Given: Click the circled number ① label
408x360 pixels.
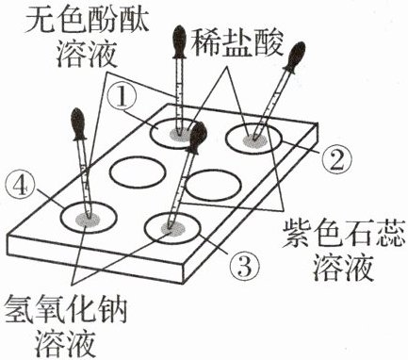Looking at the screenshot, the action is point(122,97).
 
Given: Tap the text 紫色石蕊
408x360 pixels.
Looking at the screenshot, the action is point(343,234).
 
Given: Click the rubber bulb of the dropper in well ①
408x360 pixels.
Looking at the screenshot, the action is point(180,41).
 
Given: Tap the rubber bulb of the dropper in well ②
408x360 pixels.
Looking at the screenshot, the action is point(295,57).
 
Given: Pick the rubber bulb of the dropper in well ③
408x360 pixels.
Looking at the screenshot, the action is point(197,138).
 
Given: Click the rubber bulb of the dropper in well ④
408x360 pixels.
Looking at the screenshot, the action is point(78,124).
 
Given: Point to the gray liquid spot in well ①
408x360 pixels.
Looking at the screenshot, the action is point(180,135).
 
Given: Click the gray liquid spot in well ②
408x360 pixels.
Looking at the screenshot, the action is point(255,139).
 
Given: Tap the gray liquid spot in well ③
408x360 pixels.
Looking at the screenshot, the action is point(172,229).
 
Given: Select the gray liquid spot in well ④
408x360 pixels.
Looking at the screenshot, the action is point(88,219).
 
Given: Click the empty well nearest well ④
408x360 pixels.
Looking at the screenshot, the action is point(138,172).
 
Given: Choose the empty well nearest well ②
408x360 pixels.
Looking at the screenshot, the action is point(214,185).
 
